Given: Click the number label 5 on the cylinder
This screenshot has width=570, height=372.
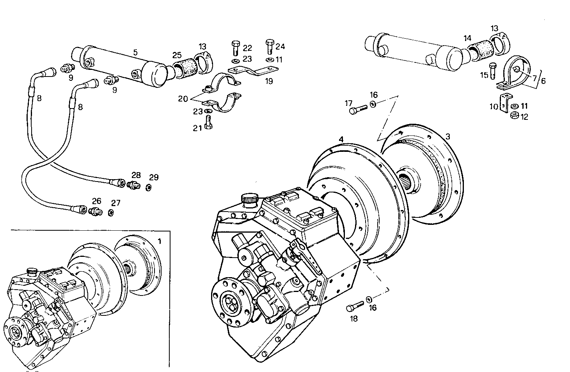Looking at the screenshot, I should pos(135,52).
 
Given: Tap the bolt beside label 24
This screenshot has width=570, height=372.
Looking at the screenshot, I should pos(270,47).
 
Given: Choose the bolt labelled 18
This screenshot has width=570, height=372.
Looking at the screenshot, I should pos(354,307).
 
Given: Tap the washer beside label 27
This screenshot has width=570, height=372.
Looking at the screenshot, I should pos(111,213).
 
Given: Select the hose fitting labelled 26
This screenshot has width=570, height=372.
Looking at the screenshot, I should pos(95,211).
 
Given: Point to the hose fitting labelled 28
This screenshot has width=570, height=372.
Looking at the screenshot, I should pos(134,185).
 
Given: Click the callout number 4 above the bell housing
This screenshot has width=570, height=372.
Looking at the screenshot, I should pos(341,139).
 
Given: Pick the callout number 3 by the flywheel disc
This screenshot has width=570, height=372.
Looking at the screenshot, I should pos(448,136).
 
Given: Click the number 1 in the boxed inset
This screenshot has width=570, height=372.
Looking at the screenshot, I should pos(159,241).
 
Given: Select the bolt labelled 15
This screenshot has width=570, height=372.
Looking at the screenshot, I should pos(493,70).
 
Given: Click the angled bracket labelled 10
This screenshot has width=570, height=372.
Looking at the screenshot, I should pos(504,102).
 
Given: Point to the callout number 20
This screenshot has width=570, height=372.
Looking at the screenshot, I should pos(183,99).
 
